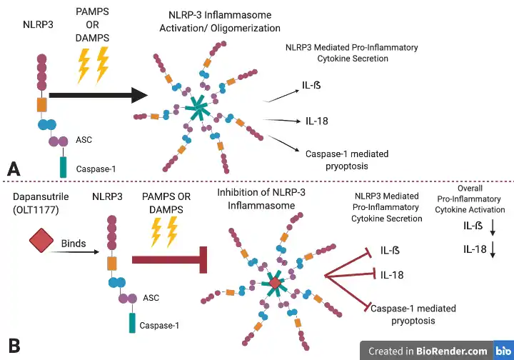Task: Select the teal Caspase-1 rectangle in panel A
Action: click(63, 168)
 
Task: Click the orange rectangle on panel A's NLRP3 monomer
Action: click(42, 104)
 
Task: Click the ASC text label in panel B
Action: click(151, 296)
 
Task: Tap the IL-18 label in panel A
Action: click(316, 121)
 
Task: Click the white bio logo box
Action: click(503, 351)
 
